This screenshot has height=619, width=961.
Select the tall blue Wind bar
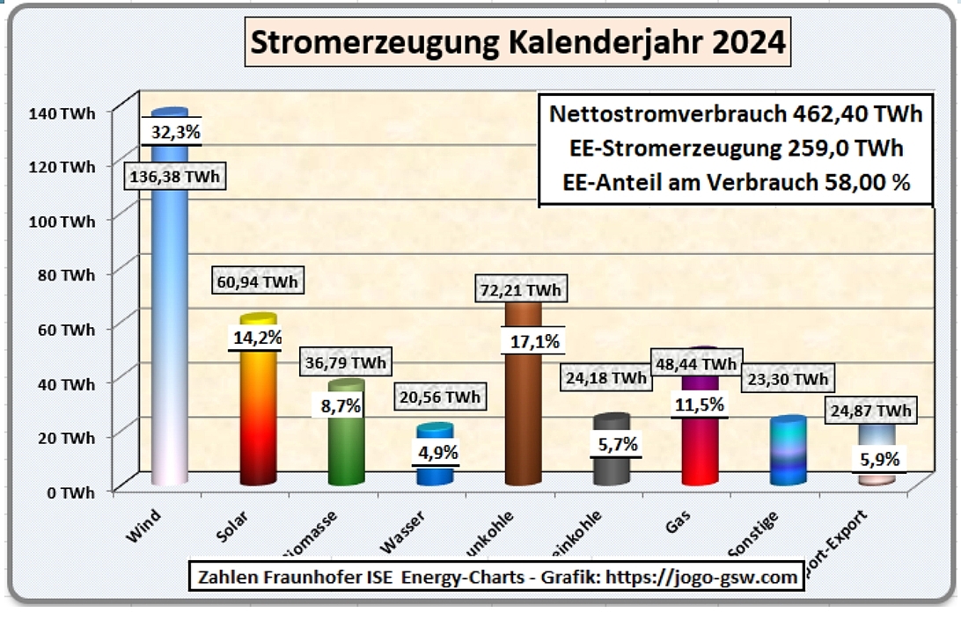(170, 334)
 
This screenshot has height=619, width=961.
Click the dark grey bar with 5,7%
(611, 470)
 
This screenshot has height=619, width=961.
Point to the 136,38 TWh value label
(173, 177)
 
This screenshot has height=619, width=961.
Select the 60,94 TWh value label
(256, 282)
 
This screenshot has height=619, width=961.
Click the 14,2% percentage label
(255, 337)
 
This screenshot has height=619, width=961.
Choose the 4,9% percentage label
(435, 451)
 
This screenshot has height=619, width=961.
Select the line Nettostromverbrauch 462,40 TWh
(735, 114)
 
